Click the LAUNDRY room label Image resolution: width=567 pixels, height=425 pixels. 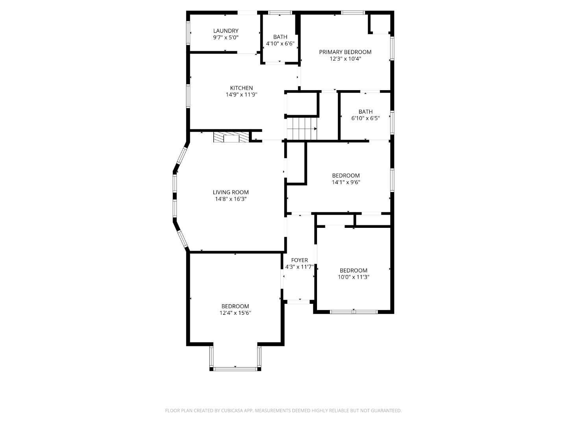[226, 31]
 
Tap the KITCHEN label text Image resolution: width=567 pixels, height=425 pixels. [241, 88]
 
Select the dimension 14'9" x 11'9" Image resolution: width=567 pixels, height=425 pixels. [241, 94]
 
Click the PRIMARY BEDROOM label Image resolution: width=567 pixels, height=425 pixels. [345, 52]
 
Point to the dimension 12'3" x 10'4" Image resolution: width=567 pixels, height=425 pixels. [345, 59]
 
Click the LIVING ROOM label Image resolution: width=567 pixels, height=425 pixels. [231, 192]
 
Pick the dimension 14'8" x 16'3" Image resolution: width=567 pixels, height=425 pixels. [231, 199]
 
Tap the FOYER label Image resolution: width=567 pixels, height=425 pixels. [299, 260]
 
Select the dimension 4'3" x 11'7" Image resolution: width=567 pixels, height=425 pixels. [299, 267]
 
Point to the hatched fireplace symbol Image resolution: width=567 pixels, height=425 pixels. [231, 137]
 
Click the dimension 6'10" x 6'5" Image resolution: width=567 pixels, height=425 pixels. [365, 118]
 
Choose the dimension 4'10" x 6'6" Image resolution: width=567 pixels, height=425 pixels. [280, 44]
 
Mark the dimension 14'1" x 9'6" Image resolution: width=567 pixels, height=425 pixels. [346, 182]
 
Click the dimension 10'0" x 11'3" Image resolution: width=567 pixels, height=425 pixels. [353, 277]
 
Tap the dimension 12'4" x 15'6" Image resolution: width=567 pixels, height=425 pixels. [235, 313]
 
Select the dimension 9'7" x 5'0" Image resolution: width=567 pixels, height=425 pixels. [226, 37]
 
